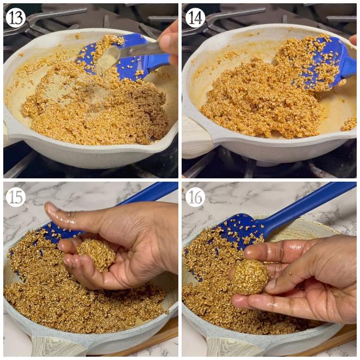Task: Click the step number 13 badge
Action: coord(16,17)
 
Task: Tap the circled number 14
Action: coord(195,17)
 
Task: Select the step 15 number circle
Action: coord(16,197)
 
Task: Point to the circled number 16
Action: coord(195,197)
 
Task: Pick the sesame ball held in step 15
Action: coord(96,255)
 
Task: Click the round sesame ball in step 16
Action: coord(250,277)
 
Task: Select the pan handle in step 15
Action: coord(52,346)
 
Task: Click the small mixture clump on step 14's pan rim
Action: coord(349,124)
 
